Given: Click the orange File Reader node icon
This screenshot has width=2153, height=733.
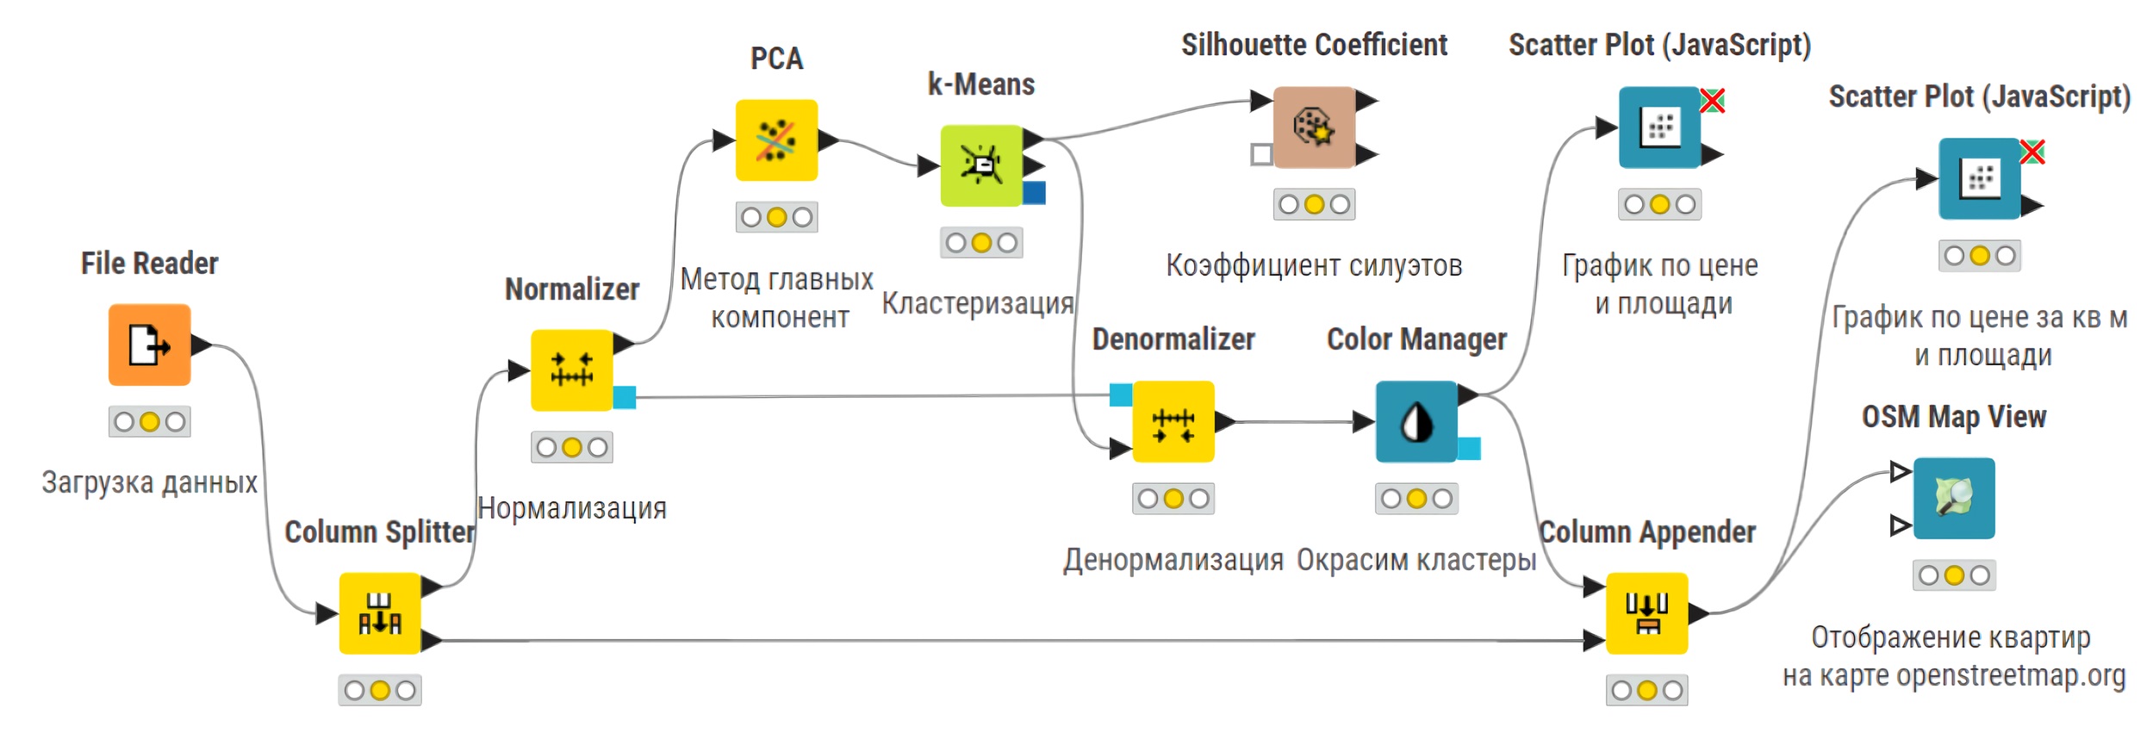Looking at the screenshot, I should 149,345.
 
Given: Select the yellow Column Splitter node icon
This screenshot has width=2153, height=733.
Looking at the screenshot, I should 379,613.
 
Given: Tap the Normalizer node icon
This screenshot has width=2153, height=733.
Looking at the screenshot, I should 571,370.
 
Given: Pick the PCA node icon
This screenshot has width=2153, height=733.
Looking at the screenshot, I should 775,140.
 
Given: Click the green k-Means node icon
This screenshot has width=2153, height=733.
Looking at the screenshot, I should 980,165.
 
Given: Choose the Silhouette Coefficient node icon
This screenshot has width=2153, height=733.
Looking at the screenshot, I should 1313,127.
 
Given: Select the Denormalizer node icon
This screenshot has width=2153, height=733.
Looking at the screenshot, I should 1173,422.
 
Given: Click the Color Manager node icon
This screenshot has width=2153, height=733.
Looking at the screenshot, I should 1416,422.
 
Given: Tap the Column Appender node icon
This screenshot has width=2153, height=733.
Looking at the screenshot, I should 1646,613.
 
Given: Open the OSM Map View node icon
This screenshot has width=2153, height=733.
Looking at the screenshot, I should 1953,498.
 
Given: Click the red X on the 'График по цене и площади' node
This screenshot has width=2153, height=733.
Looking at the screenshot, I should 1712,101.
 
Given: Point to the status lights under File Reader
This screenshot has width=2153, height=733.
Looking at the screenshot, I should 149,421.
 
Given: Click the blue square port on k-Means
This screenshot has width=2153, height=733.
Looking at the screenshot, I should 1034,193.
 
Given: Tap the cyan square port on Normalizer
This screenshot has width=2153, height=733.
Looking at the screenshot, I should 625,397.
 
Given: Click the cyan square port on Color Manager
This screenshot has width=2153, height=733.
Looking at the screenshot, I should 1469,449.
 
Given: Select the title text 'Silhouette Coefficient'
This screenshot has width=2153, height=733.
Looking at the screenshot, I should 1313,45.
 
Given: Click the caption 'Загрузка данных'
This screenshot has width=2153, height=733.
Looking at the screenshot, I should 149,482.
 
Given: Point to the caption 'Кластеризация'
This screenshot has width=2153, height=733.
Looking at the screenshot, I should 977,303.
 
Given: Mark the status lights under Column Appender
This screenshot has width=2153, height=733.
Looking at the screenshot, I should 1646,690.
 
